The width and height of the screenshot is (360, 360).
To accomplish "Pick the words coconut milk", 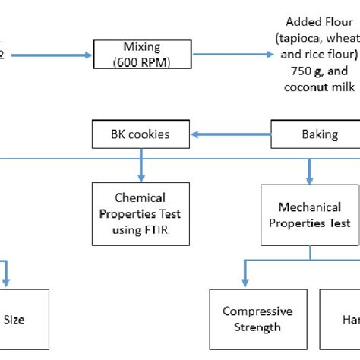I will pos(315,87).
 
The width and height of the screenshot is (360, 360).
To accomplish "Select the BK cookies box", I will pos(141,134).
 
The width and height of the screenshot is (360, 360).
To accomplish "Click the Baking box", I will pos(319,134).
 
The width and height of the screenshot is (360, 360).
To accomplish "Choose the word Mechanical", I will pos(309,207).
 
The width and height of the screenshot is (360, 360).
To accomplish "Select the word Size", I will pos(14,320).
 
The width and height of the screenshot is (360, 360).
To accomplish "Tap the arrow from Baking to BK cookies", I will pos(231,134).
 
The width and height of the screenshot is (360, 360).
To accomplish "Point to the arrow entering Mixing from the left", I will pos(46,55).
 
